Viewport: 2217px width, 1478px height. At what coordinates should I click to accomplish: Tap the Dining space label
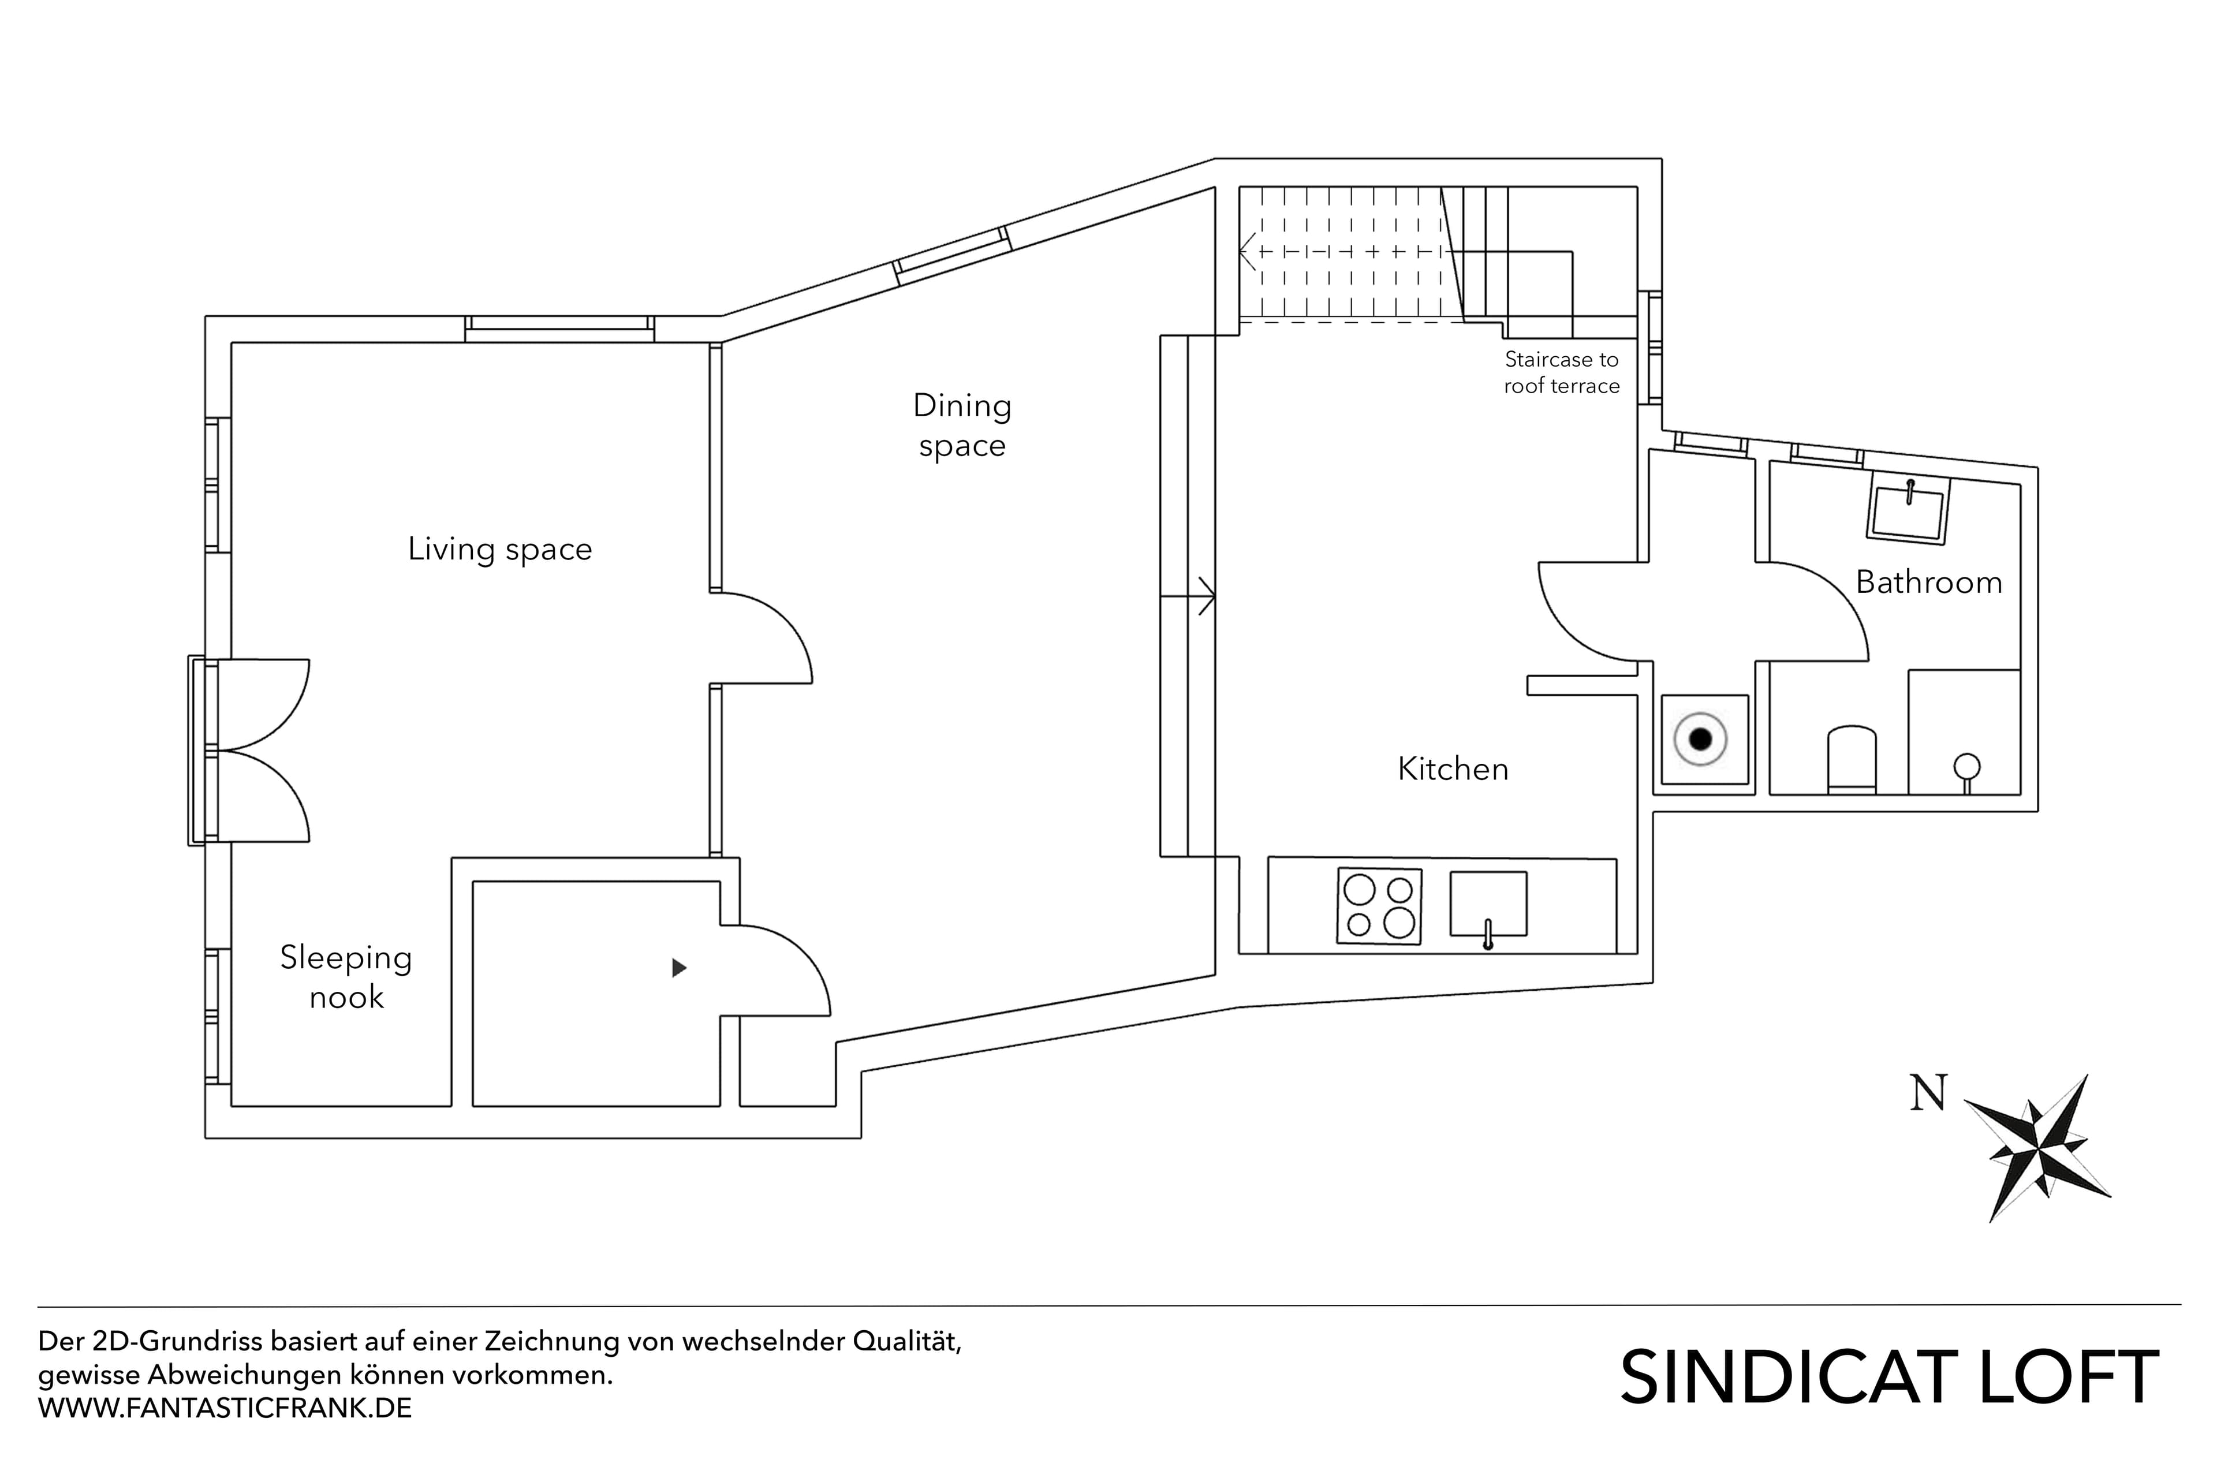pos(961,425)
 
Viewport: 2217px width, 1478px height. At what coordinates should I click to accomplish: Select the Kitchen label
pos(1453,769)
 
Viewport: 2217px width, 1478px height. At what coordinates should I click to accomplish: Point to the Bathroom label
pos(1928,583)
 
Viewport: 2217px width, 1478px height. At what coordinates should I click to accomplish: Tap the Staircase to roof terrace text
pos(1561,372)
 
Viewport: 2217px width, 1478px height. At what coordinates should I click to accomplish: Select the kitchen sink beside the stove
pos(1487,905)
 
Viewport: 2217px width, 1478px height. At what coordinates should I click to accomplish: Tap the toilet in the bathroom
pos(1852,759)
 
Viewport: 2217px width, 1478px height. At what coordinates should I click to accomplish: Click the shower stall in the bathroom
pos(1964,733)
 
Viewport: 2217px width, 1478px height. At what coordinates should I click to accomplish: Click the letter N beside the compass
pos(1928,1093)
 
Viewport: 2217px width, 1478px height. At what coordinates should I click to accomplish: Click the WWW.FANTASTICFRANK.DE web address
pos(225,1408)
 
